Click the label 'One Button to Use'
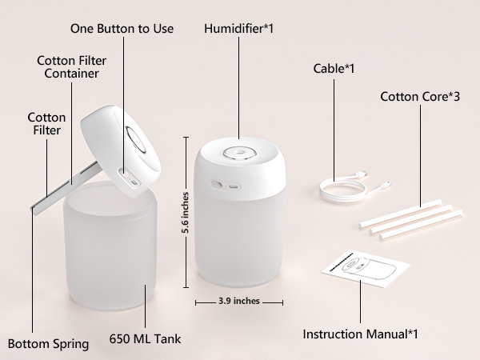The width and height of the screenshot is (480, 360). (x=122, y=29)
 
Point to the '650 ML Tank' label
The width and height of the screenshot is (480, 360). (x=145, y=338)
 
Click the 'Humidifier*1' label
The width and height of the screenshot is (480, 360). (x=238, y=29)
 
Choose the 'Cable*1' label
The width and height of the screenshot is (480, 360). (x=334, y=69)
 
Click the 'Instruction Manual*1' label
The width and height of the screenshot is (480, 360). (x=360, y=333)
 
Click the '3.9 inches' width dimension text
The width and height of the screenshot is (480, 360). (x=239, y=302)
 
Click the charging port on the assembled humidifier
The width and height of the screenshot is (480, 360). (x=231, y=186)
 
